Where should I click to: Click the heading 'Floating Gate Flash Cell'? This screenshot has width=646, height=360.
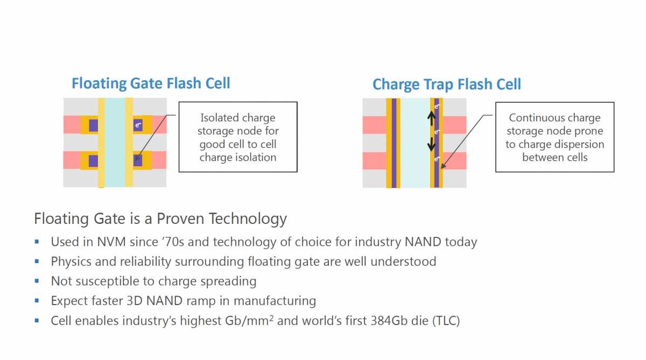click(x=151, y=83)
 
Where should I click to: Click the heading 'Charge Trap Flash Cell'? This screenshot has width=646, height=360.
click(x=447, y=84)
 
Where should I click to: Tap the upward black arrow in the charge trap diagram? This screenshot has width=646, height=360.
click(x=431, y=118)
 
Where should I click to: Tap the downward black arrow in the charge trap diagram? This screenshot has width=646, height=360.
click(x=431, y=144)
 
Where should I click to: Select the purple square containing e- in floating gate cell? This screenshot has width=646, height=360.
click(x=138, y=125)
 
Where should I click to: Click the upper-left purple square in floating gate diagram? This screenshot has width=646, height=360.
click(x=94, y=125)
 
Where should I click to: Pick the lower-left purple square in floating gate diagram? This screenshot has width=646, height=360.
click(x=94, y=161)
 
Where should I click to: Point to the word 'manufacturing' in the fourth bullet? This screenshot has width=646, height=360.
click(x=275, y=301)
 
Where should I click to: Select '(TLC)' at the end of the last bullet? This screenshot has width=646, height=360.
click(x=446, y=321)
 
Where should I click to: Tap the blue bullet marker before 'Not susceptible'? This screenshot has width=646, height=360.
click(x=37, y=281)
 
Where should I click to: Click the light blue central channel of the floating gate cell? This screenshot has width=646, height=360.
click(x=115, y=143)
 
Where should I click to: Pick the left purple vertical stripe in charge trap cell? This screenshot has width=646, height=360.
click(x=394, y=143)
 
